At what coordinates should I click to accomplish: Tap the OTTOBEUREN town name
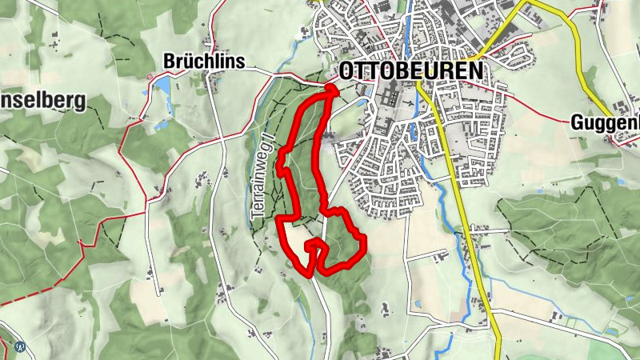[x=411, y=70]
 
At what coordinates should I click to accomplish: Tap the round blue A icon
[x=20, y=347]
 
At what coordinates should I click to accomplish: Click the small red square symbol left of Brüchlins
[x=149, y=76]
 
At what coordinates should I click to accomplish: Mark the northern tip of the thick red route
[x=332, y=89]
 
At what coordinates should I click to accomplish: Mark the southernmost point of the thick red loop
[x=310, y=274]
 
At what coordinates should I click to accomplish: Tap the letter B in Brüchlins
[x=168, y=61]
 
